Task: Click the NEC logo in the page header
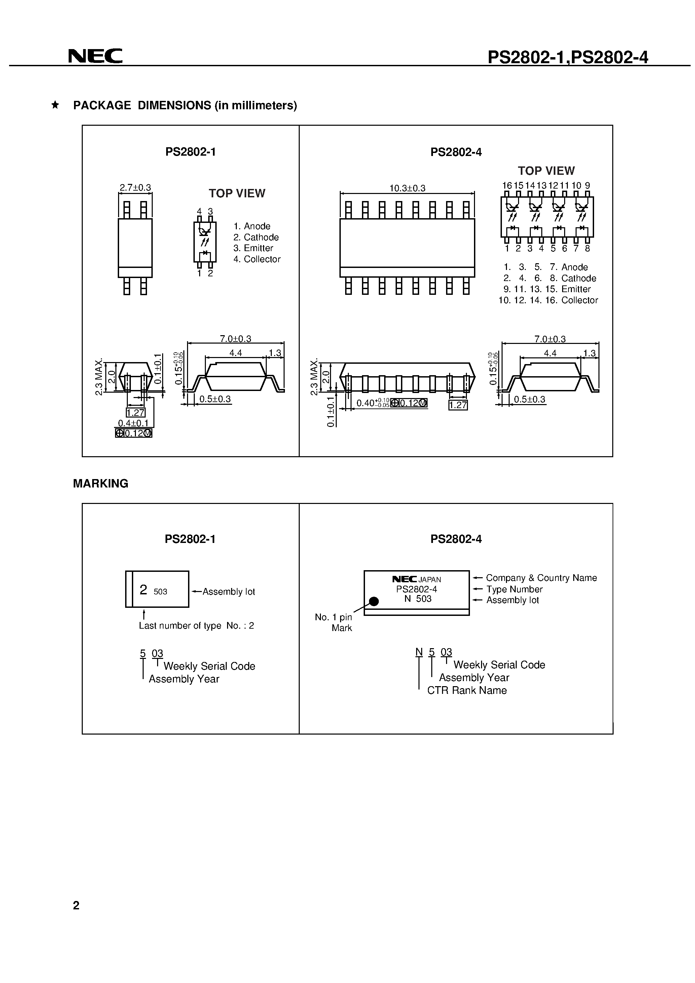[x=95, y=56]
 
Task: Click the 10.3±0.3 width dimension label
[x=407, y=188]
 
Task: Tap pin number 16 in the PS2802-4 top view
[x=507, y=185]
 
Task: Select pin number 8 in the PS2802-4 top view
[x=587, y=248]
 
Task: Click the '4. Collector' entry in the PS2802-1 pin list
[x=257, y=259]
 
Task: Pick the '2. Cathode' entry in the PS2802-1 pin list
[x=256, y=237]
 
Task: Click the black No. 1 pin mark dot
[x=374, y=601]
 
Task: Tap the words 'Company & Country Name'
[x=541, y=578]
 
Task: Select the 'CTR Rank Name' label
[x=467, y=690]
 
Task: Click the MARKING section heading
[x=101, y=483]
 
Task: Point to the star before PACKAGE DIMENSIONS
[x=55, y=105]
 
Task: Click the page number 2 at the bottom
[x=76, y=905]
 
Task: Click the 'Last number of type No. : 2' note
[x=196, y=626]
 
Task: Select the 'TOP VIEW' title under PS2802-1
[x=237, y=194]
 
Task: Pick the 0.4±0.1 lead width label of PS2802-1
[x=133, y=423]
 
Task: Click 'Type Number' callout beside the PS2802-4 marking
[x=514, y=589]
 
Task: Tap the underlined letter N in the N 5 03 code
[x=419, y=652]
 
